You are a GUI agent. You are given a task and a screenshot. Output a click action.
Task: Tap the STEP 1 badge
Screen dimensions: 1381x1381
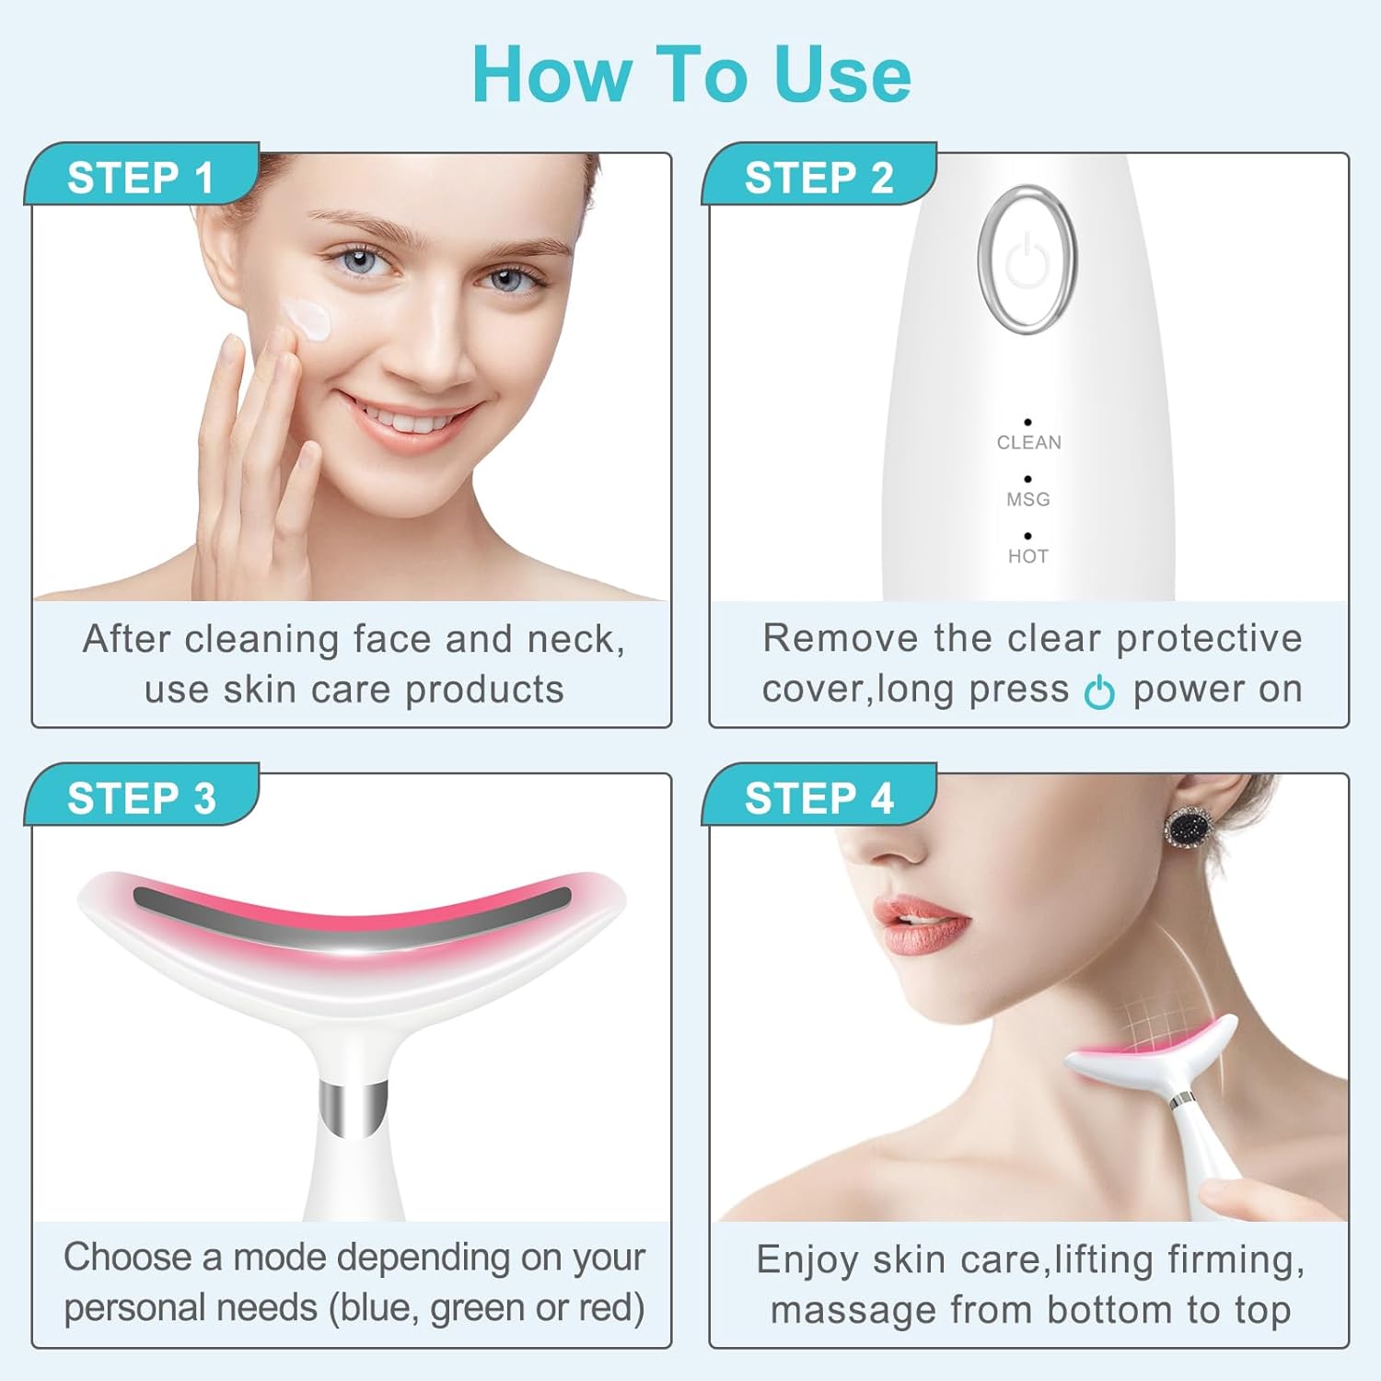pos(140,177)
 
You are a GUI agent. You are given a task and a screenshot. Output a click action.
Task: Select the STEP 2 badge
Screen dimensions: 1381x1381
pos(818,177)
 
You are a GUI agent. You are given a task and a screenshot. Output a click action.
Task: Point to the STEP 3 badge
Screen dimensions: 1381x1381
pos(141,797)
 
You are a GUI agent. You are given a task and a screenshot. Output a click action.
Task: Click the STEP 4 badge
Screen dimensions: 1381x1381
pos(818,797)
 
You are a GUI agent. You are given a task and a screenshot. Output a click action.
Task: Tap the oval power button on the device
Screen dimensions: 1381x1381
pos(1027,260)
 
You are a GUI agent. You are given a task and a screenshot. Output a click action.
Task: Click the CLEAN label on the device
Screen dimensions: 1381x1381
pos(1028,443)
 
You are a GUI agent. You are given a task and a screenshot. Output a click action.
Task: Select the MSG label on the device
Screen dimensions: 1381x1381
pos(1027,500)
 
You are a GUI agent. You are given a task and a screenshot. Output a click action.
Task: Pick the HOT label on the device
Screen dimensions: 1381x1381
pos(1027,556)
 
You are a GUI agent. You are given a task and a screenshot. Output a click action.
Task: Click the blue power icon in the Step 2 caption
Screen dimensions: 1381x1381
pos(1099,692)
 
